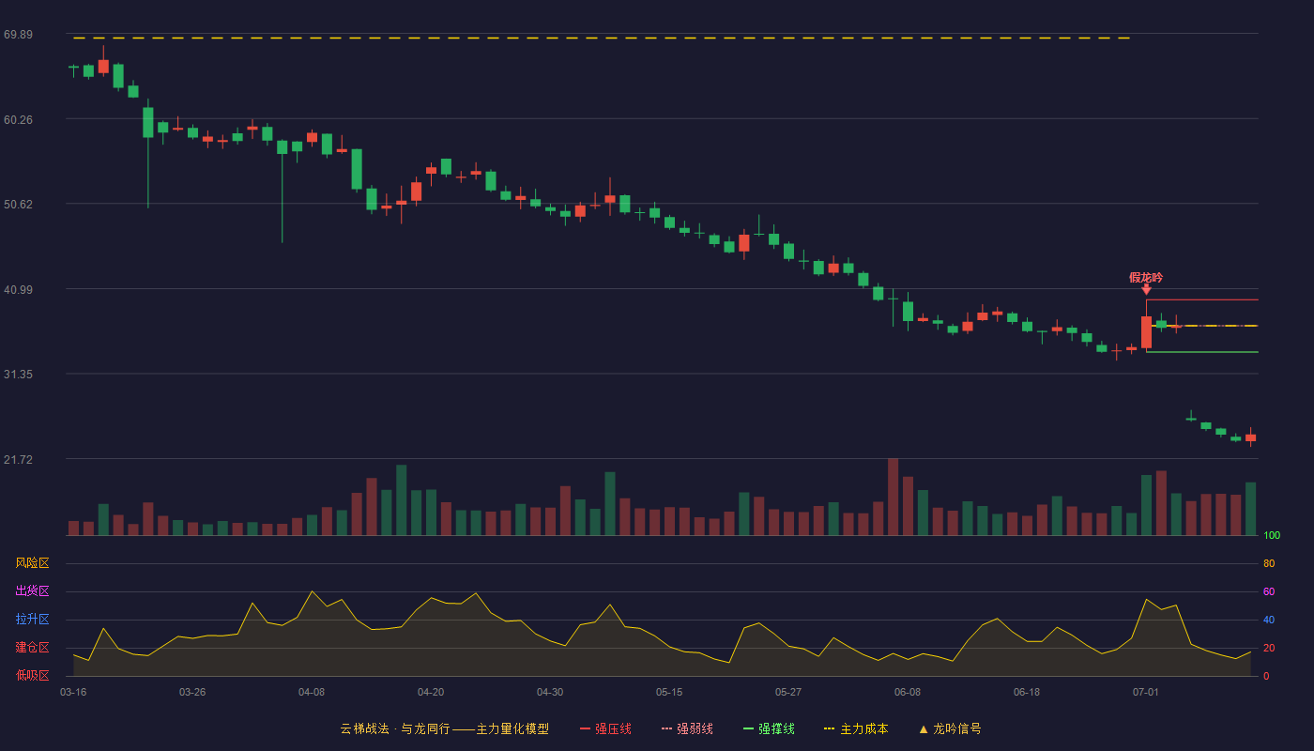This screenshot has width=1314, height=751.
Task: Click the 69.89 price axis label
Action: (18, 35)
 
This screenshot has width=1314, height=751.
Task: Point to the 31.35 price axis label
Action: (18, 375)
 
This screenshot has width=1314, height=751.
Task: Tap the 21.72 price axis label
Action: (18, 459)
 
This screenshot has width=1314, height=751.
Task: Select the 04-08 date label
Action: (312, 693)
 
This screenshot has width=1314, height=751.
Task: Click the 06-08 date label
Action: (908, 693)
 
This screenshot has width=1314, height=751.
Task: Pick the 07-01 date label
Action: (1146, 693)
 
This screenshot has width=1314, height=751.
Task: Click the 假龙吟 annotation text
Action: (1146, 278)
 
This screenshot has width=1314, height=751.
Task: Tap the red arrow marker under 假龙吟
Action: (1146, 290)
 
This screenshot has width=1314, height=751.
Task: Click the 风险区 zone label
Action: (32, 563)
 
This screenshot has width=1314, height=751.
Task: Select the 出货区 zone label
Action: (32, 590)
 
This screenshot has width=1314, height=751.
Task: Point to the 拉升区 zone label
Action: (32, 619)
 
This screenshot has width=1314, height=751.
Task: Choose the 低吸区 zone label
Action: (32, 675)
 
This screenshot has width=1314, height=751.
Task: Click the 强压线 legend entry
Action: (605, 728)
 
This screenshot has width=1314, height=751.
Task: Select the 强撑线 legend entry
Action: (769, 728)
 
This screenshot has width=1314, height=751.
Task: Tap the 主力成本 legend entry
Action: (856, 728)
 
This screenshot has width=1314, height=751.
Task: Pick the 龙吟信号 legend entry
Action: (950, 728)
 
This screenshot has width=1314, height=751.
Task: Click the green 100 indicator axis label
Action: (1272, 535)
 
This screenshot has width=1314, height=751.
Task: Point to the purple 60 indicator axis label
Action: (1269, 591)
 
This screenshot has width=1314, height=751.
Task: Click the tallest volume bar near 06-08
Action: (894, 497)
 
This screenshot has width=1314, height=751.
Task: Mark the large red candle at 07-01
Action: (1146, 332)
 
